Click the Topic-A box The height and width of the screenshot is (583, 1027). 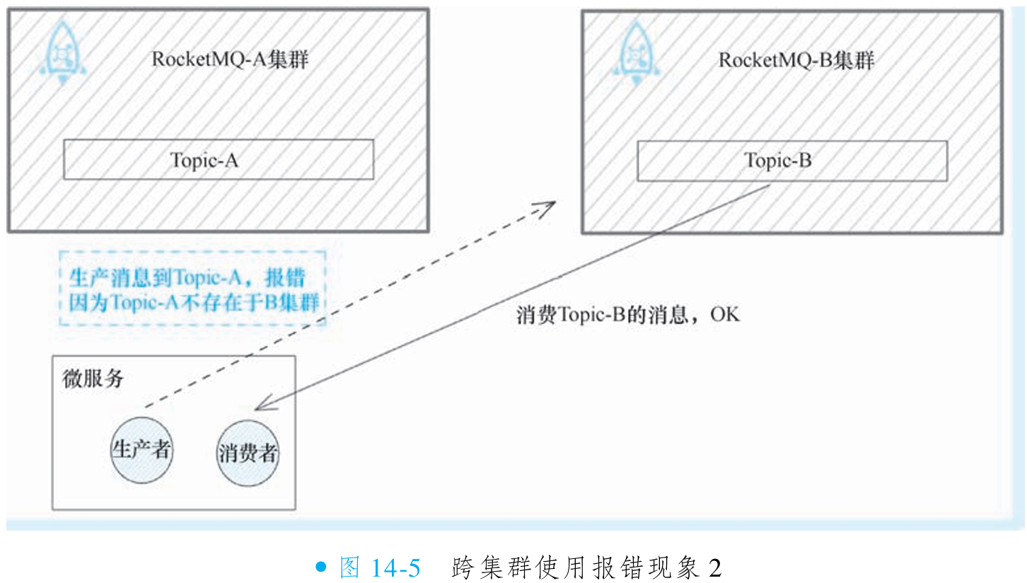click(x=219, y=159)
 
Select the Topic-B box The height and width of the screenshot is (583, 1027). click(x=791, y=161)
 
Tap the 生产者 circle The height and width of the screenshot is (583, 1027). click(x=141, y=451)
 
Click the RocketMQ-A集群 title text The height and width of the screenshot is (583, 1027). click(x=230, y=59)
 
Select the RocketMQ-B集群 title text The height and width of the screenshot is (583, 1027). click(x=797, y=60)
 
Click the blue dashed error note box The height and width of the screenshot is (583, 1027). click(x=193, y=288)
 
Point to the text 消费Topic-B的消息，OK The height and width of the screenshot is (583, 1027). click(x=628, y=315)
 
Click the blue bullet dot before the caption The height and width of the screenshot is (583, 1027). click(x=322, y=567)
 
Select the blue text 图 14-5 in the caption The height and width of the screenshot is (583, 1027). click(x=380, y=567)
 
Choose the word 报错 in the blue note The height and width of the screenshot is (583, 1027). click(x=294, y=276)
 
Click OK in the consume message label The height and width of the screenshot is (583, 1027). click(x=725, y=315)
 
